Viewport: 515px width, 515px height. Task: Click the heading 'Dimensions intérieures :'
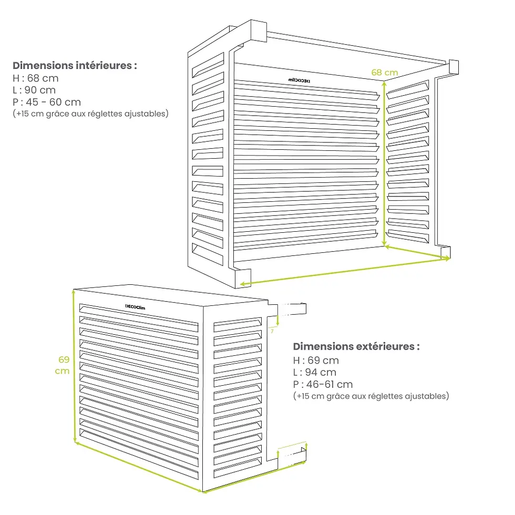pos(75,66)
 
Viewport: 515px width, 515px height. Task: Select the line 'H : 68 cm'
pos(36,78)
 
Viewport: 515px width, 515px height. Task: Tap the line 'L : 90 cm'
pos(35,90)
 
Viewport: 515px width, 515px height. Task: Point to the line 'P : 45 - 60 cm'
pos(47,101)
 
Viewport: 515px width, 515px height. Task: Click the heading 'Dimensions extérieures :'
pos(356,347)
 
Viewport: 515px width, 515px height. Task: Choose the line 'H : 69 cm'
pos(316,360)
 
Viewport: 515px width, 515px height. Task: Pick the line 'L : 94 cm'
pos(315,373)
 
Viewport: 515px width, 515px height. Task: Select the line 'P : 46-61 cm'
pos(323,385)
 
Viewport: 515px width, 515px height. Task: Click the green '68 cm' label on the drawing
pos(384,73)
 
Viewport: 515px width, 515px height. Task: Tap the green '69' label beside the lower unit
pos(64,360)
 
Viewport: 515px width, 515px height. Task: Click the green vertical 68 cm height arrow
pos(385,163)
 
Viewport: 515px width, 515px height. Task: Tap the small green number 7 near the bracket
pos(273,331)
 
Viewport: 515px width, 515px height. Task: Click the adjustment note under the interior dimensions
pos(90,114)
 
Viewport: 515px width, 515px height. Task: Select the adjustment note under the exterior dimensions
pos(370,396)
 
